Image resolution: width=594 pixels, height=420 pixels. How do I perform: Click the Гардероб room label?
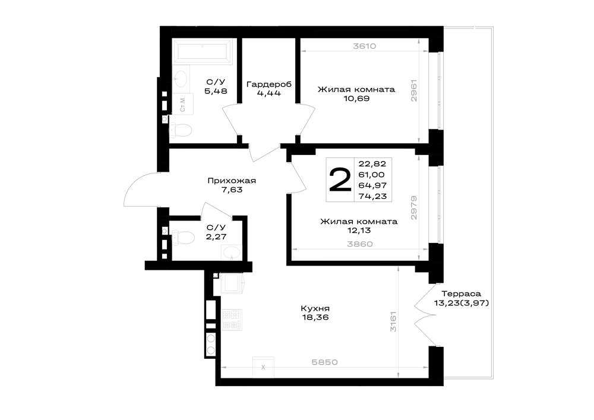(x=269, y=84)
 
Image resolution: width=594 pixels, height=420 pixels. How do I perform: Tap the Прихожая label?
(x=232, y=181)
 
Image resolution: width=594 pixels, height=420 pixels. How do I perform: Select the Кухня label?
(x=315, y=308)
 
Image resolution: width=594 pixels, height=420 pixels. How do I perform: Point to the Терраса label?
(x=461, y=293)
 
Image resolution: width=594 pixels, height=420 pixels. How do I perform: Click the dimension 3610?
(x=364, y=46)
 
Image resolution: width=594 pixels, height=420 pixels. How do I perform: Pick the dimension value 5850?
(x=324, y=362)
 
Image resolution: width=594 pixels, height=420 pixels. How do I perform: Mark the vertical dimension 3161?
(x=393, y=322)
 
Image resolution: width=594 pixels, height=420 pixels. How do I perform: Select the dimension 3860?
(x=360, y=244)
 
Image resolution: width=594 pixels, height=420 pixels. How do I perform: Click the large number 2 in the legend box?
(x=340, y=179)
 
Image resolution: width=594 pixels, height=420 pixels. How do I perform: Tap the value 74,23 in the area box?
(x=372, y=196)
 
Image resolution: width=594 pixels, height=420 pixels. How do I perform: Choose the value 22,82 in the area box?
(x=372, y=163)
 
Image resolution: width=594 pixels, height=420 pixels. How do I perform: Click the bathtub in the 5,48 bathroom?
(x=203, y=52)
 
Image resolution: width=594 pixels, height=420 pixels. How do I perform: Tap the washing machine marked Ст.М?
(x=184, y=104)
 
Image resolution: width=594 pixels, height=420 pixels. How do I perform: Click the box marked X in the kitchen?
(x=263, y=367)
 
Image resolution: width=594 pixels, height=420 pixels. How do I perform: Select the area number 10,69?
(x=356, y=99)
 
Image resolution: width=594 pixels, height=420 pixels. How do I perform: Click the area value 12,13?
(x=359, y=230)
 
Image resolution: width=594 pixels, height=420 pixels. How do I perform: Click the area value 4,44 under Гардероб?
(x=268, y=93)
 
